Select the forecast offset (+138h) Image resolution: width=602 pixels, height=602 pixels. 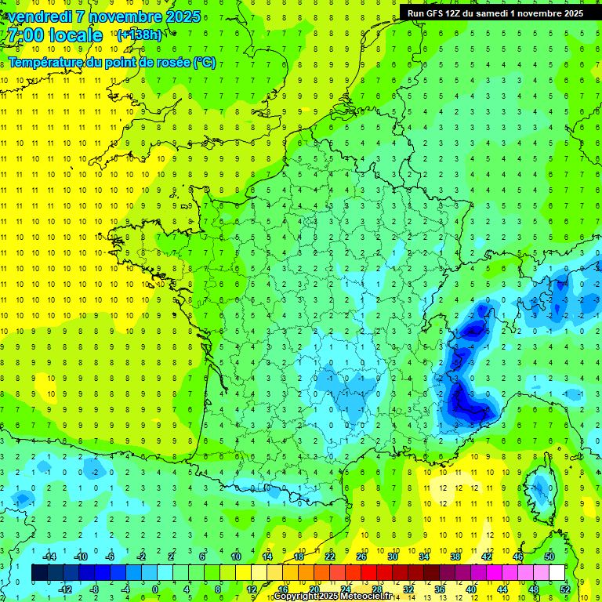[x=139, y=35]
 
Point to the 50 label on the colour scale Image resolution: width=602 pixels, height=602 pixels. [x=550, y=557]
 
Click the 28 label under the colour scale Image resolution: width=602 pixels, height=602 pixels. [x=377, y=589]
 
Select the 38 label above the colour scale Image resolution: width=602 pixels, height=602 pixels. [x=455, y=557]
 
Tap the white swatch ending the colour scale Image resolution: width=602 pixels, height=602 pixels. [x=557, y=573]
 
